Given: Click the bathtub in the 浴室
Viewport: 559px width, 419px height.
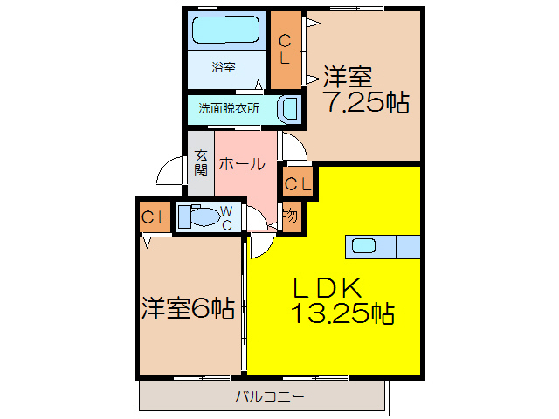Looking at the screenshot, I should (224, 32).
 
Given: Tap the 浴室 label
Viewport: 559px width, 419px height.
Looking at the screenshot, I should (223, 67).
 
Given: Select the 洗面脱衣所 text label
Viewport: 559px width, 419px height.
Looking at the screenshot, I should (229, 109).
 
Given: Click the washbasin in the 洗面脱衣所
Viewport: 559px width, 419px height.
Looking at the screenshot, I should (288, 110).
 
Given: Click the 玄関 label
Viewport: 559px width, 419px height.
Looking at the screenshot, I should (201, 163).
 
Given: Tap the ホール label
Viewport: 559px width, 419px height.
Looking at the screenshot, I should (242, 163).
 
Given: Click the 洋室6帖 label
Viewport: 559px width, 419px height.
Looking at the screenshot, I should (188, 308).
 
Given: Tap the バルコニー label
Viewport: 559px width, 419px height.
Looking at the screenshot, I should (269, 397).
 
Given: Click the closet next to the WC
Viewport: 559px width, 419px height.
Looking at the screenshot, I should (155, 217).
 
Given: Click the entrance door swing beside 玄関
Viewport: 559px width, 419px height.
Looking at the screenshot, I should (172, 177).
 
